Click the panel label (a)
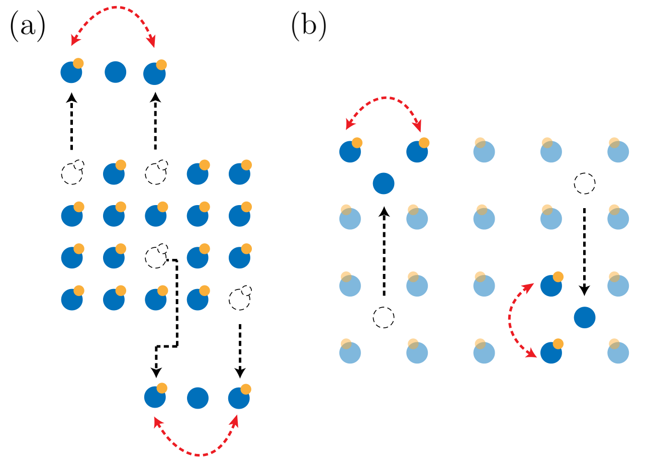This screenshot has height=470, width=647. pos(28,26)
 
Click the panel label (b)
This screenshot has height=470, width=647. pos(309,26)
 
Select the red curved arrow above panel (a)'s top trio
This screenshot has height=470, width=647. pos(116,8)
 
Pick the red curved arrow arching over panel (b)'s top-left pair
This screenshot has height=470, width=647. pos(384,98)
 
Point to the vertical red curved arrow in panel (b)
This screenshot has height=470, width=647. pos(510,318)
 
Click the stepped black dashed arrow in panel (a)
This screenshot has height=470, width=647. pos(177,303)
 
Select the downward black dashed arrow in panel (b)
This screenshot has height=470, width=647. pos(584,251)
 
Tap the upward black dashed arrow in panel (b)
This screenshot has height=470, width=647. pos(384,251)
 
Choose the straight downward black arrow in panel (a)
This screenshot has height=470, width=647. pos(240,351)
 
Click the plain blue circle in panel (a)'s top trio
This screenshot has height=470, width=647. pos(115,72)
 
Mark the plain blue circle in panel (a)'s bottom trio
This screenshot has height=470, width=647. pos(198,398)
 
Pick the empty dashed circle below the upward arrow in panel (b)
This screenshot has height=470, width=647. pos(384,318)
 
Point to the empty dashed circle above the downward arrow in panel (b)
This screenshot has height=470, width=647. pos(585,183)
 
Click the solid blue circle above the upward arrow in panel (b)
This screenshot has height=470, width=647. pos(384,183)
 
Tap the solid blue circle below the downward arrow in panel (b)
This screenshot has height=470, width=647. pos(585,318)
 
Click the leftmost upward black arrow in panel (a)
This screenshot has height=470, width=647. pos(71,121)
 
